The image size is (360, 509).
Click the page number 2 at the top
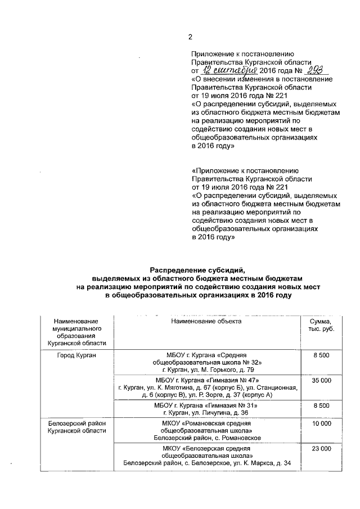point(190,38)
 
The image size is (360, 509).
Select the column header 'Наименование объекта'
point(206,321)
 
